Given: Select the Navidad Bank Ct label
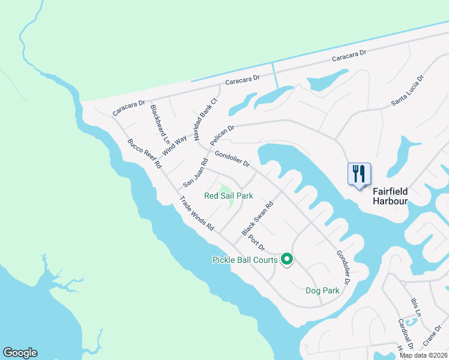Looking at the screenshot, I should [x=204, y=118].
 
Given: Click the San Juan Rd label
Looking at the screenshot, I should [x=196, y=171].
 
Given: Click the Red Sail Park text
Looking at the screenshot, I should [x=229, y=196].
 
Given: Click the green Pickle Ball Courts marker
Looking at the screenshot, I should [x=287, y=259].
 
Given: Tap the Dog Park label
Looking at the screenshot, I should [x=322, y=290].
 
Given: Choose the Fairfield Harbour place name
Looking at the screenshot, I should [x=390, y=196].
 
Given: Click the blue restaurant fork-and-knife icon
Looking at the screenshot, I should [x=359, y=174].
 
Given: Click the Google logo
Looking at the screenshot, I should [x=20, y=353].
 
